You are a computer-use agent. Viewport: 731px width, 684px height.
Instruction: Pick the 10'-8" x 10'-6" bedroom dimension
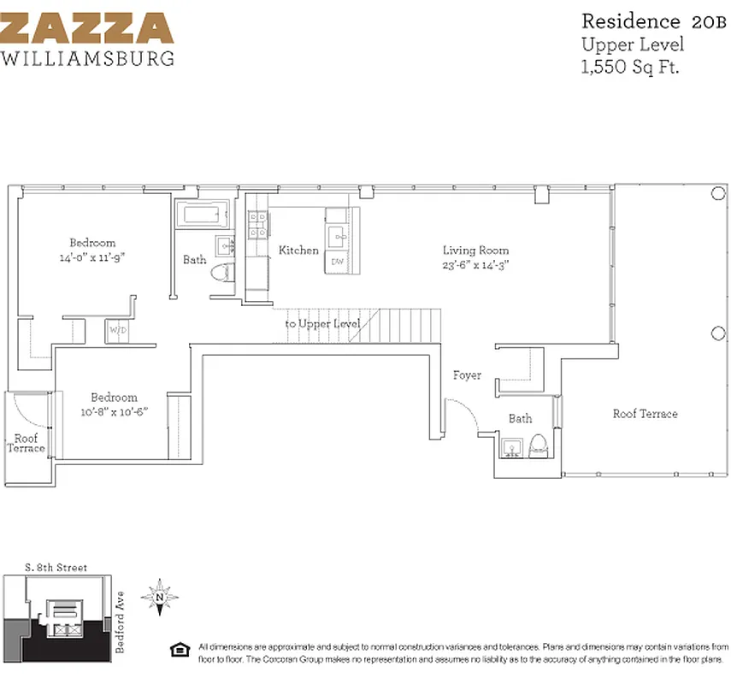coord(115,411)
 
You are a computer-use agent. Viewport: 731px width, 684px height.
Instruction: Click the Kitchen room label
coord(298,251)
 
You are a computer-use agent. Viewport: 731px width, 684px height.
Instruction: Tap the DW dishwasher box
coord(337,262)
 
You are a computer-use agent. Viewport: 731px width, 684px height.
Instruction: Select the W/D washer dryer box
coord(116,330)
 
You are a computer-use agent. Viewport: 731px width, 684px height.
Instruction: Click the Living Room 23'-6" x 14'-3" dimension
coord(476,264)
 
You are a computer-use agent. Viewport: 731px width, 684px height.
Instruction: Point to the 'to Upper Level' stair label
coord(322,324)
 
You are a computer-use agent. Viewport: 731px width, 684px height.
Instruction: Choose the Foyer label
coord(467,374)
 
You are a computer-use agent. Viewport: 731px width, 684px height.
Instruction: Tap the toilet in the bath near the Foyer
coord(538,445)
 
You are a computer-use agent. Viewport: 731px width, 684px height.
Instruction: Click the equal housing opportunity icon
coord(180,647)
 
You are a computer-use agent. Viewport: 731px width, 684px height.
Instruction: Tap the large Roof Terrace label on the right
coord(645,414)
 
